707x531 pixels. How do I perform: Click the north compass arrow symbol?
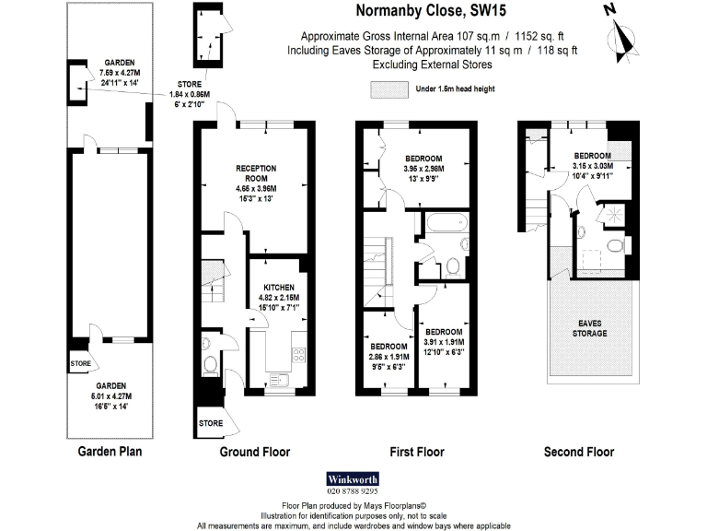pos(626,35)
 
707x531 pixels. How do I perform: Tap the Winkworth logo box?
pos(353,479)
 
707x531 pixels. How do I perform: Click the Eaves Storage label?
pos(590,326)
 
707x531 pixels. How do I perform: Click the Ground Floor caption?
pos(254,452)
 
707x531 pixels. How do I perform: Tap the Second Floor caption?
pos(579,452)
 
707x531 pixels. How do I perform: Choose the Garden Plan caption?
pos(110,452)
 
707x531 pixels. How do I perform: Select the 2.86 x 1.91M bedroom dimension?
pos(387,355)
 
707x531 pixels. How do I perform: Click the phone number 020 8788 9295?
pos(353,491)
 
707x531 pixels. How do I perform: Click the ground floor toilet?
pos(210,365)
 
